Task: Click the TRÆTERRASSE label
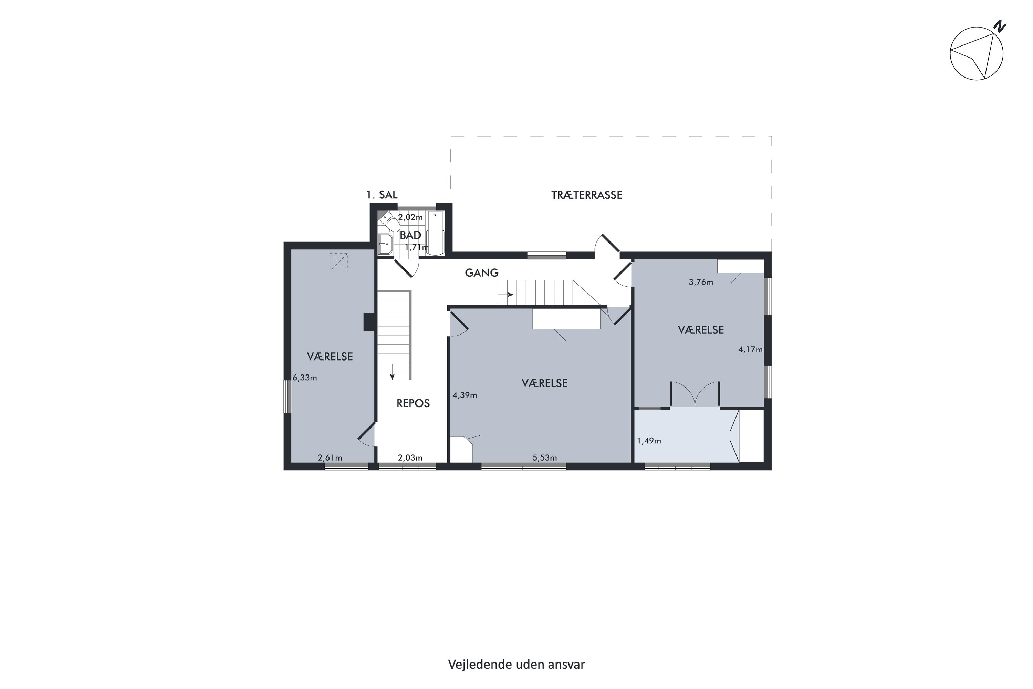(x=587, y=195)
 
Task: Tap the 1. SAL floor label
(x=382, y=195)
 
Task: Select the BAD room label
(x=411, y=235)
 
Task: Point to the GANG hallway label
(x=482, y=273)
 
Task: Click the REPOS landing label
(x=413, y=403)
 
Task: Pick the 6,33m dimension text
(x=305, y=378)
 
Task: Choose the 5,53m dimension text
(x=545, y=458)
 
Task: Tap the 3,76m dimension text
(x=701, y=282)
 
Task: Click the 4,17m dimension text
(x=750, y=349)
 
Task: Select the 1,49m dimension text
(x=649, y=441)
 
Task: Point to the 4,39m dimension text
(x=465, y=395)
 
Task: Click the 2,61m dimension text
(x=330, y=458)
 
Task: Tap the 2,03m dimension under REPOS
(x=410, y=458)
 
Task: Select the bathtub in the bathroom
(x=435, y=233)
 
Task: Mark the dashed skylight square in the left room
(x=338, y=262)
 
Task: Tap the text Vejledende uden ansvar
(x=516, y=665)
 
